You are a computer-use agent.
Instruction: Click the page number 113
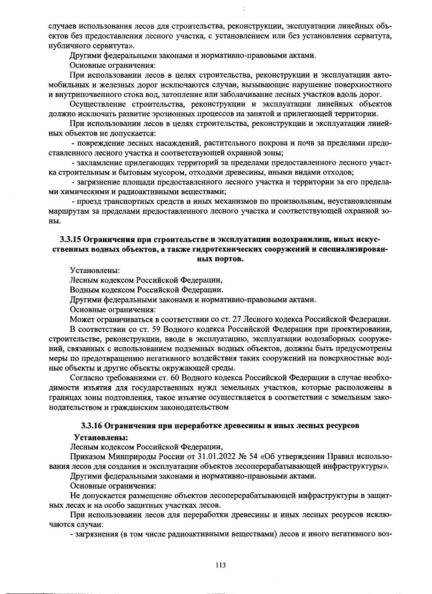(x=220, y=565)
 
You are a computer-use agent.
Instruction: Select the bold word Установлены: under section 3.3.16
(x=101, y=437)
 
